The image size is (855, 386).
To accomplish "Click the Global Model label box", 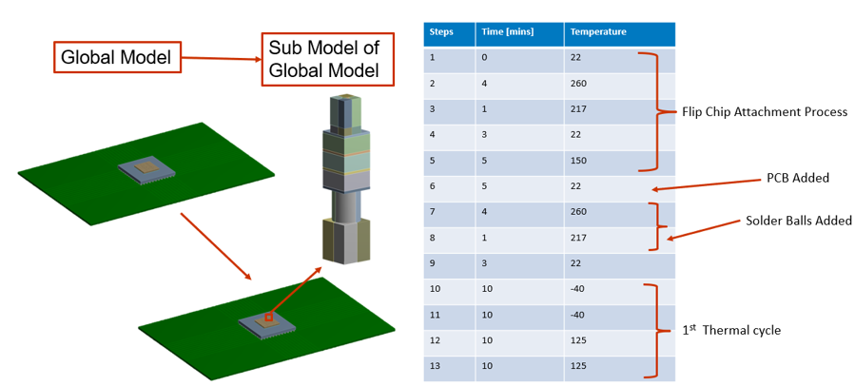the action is (117, 57).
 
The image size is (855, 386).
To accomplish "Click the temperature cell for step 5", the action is (619, 162).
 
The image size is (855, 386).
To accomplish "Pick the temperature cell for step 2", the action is (619, 85).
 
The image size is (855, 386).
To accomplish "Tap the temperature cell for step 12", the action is (619, 341).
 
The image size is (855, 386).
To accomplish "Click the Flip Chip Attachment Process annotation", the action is (765, 113).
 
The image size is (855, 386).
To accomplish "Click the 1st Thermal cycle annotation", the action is (731, 330).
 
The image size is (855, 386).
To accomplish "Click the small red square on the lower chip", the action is (268, 317).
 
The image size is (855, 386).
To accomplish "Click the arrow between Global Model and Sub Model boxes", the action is (221, 58).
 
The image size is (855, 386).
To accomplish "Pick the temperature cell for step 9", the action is (619, 263).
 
